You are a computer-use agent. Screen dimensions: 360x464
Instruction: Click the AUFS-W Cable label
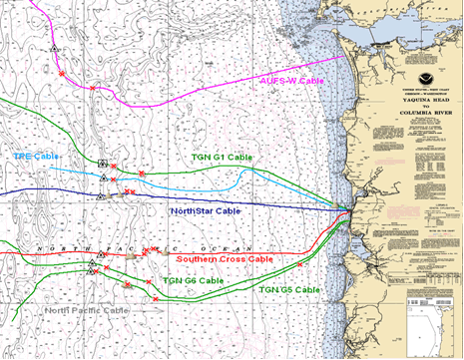pyautogui.click(x=291, y=81)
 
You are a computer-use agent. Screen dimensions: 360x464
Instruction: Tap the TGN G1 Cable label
pyautogui.click(x=222, y=158)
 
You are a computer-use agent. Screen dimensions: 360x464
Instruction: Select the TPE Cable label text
pyautogui.click(x=35, y=157)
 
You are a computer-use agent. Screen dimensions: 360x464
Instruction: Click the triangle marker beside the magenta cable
pyautogui.click(x=57, y=46)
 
